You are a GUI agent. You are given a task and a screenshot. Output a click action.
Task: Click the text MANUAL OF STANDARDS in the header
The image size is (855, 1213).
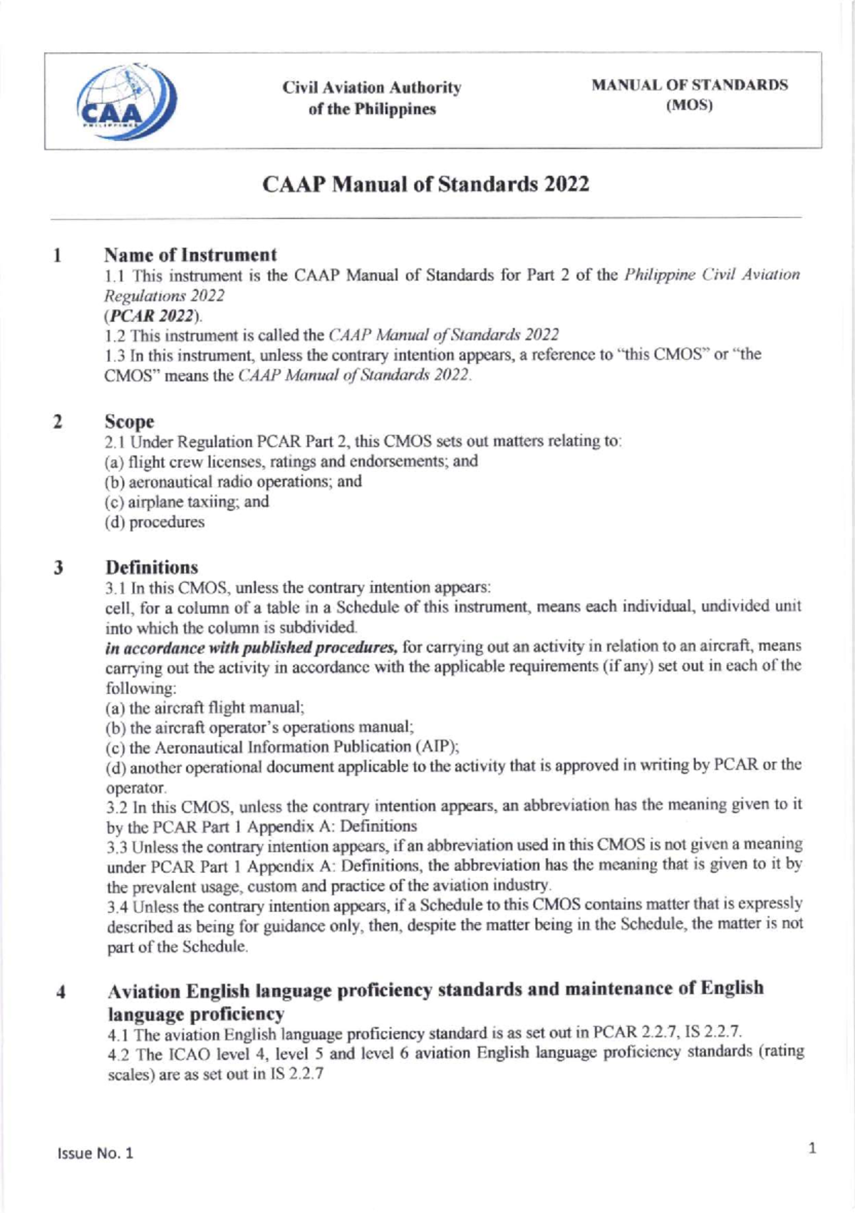click(x=689, y=85)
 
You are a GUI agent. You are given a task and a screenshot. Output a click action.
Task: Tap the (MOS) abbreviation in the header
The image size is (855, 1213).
click(x=689, y=105)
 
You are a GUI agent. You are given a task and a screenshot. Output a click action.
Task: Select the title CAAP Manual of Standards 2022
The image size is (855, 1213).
click(x=425, y=184)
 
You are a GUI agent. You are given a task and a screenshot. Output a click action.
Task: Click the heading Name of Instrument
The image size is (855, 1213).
click(x=190, y=254)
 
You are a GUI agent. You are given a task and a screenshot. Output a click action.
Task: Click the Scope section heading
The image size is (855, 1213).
click(x=130, y=421)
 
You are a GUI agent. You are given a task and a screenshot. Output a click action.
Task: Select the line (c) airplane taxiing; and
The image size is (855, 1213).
click(x=187, y=502)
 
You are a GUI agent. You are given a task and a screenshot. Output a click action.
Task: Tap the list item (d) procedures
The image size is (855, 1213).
click(x=155, y=522)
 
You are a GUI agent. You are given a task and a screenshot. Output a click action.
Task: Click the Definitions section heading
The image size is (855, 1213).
click(x=152, y=567)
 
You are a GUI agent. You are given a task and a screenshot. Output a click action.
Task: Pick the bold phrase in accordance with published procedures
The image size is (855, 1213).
click(x=251, y=648)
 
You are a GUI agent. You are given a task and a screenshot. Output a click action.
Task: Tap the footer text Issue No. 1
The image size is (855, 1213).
click(x=95, y=1153)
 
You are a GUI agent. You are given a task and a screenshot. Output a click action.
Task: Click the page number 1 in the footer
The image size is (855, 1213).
click(x=812, y=1147)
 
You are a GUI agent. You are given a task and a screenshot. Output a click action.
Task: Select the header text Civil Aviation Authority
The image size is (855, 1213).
click(x=371, y=88)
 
